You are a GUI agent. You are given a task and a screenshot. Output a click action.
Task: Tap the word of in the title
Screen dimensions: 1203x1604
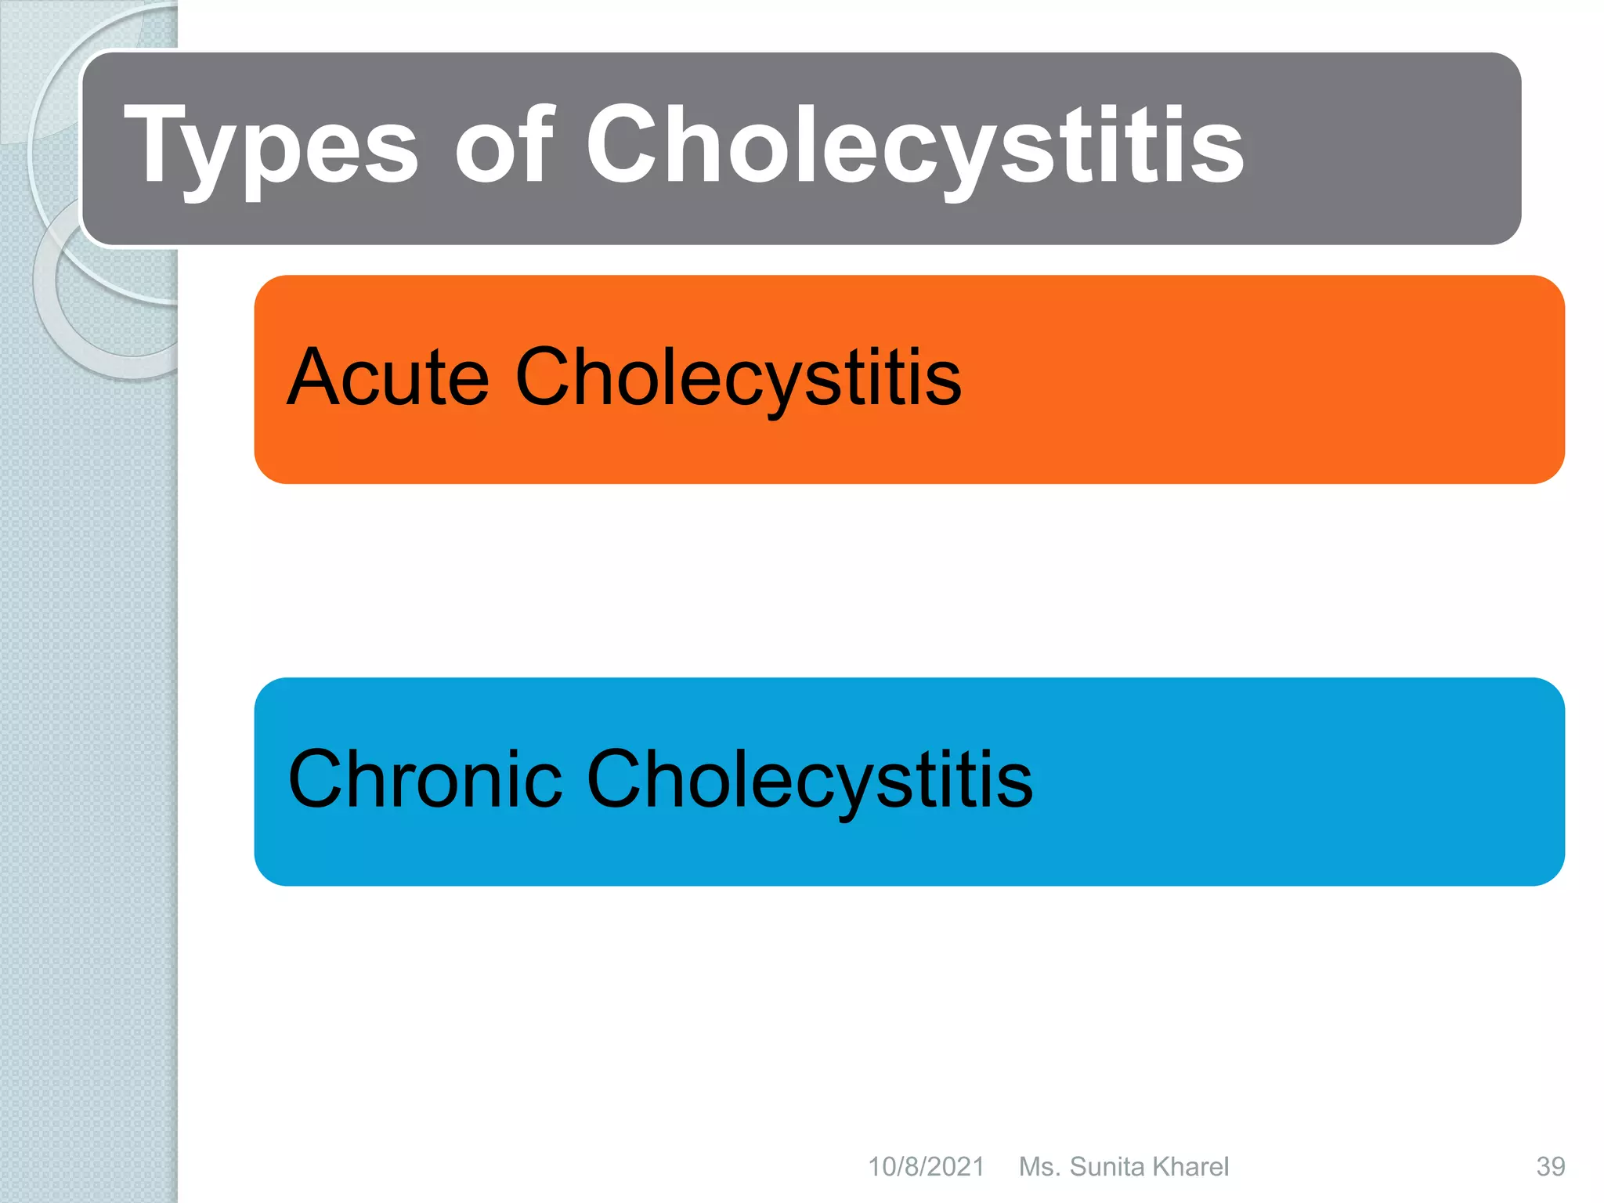(x=504, y=145)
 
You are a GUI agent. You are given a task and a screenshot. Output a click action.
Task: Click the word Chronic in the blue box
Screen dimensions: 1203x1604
(x=424, y=779)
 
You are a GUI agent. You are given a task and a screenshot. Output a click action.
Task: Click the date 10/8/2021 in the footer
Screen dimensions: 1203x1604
(x=926, y=1167)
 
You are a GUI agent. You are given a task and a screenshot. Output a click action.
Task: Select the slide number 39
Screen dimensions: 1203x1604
(x=1550, y=1167)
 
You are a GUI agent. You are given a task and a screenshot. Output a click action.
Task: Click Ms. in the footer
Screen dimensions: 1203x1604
(x=1039, y=1167)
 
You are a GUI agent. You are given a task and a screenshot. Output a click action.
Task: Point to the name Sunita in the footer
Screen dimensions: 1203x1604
(x=1107, y=1167)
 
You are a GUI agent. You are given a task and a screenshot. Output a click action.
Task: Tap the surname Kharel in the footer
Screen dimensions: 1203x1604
(x=1190, y=1167)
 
